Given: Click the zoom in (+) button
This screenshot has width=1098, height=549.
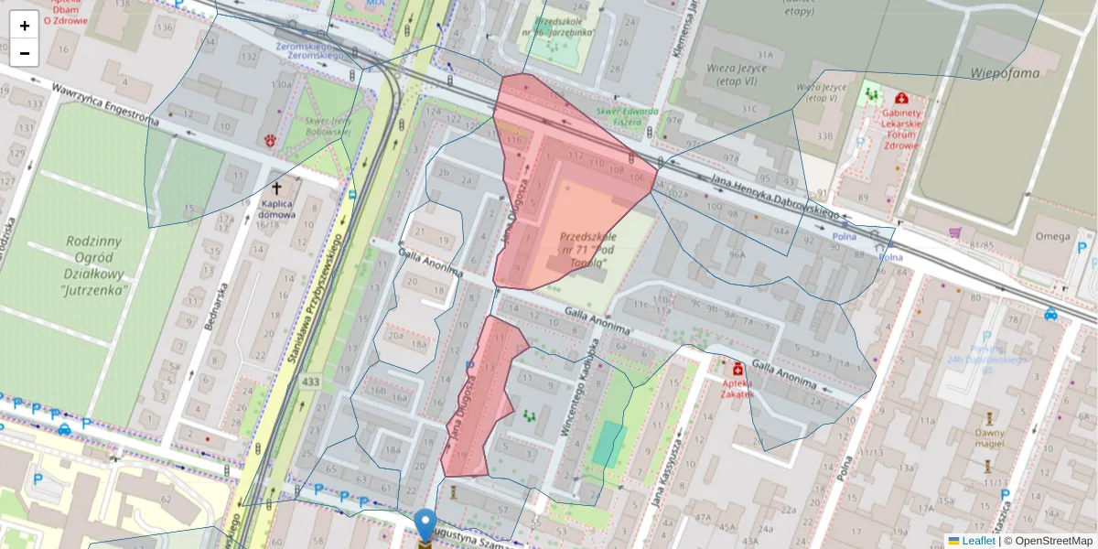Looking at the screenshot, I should click(x=25, y=26).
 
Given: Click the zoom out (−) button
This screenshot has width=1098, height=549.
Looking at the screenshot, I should click(x=25, y=53).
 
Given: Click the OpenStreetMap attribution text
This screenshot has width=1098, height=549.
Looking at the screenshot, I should click(x=1051, y=541).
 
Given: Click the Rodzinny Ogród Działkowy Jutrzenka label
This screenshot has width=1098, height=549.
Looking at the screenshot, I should click(x=94, y=265).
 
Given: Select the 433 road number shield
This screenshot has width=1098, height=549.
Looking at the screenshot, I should click(x=310, y=382).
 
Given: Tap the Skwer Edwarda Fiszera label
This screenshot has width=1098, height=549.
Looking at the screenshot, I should click(x=627, y=116).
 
